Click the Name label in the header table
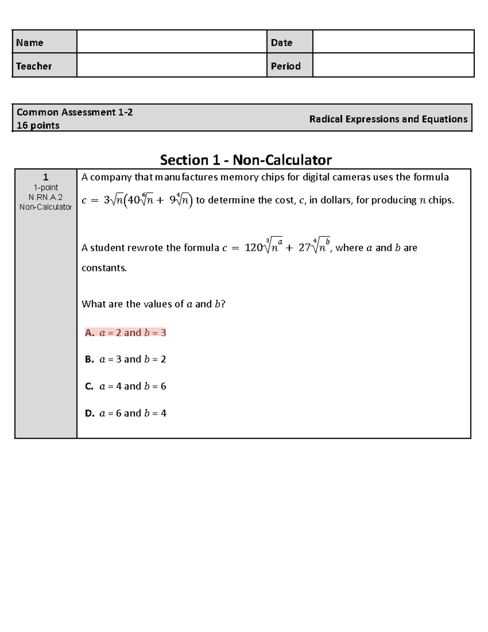[30, 43]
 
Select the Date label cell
[281, 43]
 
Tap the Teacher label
[34, 66]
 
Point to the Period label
[285, 66]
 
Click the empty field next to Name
[171, 42]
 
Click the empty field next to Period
[393, 65]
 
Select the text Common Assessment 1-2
[74, 112]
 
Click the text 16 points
[38, 125]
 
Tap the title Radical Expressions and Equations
[388, 119]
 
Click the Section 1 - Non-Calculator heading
[246, 160]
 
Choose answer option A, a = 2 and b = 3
[126, 333]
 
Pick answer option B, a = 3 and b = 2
[126, 359]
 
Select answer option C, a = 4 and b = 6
[126, 386]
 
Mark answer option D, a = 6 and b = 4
[126, 413]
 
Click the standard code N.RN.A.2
[46, 197]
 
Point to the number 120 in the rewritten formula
[253, 248]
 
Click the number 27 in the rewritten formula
[304, 248]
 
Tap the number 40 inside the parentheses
[134, 200]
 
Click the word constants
[104, 268]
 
